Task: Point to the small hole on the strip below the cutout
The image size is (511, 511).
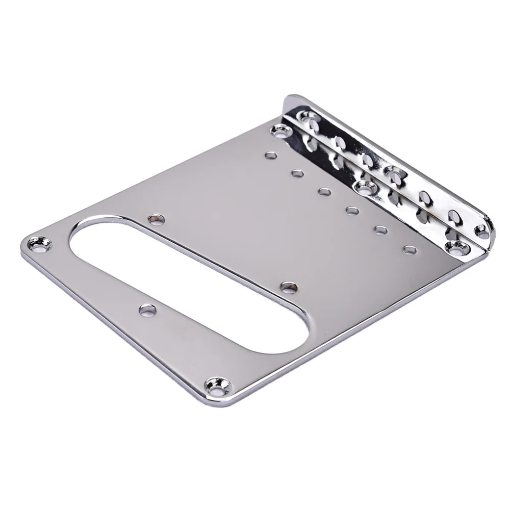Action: point(146,309)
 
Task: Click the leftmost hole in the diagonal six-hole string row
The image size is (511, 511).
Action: point(269,155)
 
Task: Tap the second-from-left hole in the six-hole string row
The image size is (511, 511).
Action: point(297,174)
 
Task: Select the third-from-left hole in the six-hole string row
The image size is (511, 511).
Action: point(324,192)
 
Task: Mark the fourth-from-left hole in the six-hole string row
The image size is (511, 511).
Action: point(351,210)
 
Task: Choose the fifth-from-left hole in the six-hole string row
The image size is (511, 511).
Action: point(379,229)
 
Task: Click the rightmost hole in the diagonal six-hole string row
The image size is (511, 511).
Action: point(408,249)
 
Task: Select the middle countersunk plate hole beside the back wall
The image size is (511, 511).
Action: point(364,187)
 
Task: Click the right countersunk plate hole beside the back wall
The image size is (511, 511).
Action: point(452,248)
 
